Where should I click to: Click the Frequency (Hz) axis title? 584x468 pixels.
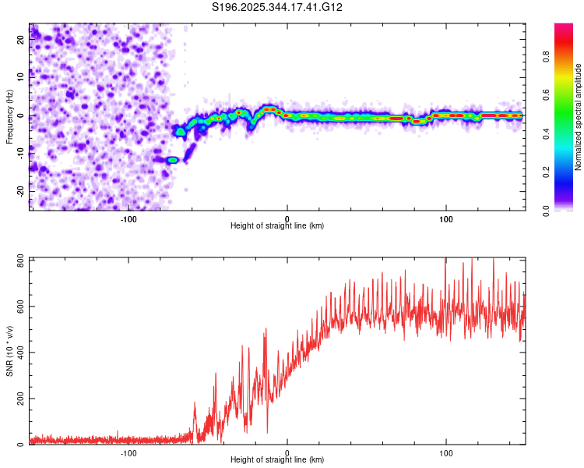9,115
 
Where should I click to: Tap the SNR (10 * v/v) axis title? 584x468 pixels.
9,351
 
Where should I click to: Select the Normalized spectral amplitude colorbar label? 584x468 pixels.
578,117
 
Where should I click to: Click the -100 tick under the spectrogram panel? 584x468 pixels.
128,218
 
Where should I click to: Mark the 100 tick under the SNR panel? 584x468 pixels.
446,452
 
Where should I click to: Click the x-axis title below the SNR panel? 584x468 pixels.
277,460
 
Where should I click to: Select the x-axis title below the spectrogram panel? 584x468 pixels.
277,226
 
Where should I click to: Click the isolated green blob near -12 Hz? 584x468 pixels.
173,160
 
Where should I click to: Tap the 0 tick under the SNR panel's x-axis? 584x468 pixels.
287,452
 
